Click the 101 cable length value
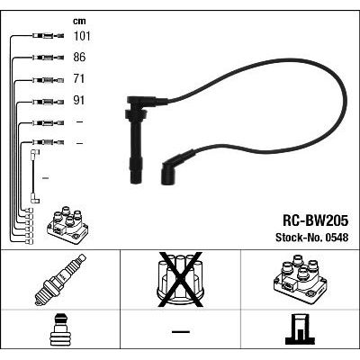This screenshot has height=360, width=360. pyautogui.click(x=82, y=36)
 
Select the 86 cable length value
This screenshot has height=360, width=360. pyautogui.click(x=79, y=58)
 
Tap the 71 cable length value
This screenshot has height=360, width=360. pyautogui.click(x=79, y=79)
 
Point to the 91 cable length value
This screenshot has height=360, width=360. pyautogui.click(x=79, y=101)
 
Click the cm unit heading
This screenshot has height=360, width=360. pyautogui.click(x=79, y=21)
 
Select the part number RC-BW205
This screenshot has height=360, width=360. pyautogui.click(x=315, y=221)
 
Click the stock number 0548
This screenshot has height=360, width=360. pyautogui.click(x=336, y=238)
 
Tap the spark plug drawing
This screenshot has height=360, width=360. pyautogui.click(x=60, y=280)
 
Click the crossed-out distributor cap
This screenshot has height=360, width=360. pyautogui.click(x=180, y=280)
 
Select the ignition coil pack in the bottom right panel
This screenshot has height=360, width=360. pyautogui.click(x=300, y=279)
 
